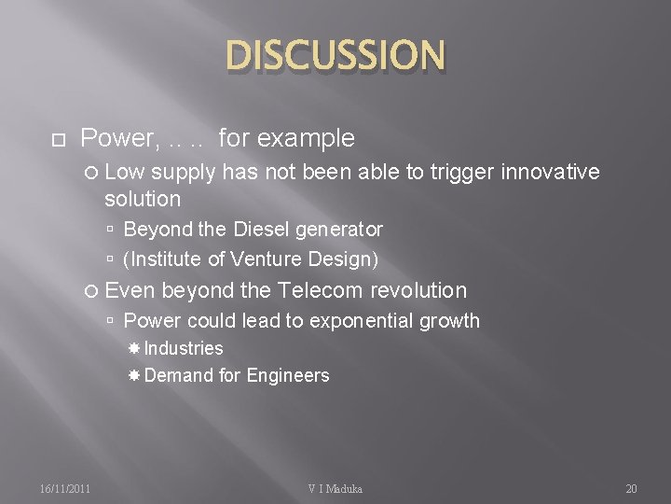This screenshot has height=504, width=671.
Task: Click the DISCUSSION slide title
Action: coord(335,55)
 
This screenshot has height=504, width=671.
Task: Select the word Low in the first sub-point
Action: coord(125,172)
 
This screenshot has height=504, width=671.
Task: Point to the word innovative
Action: coord(550,172)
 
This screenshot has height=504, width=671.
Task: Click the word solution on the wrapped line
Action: coord(143,199)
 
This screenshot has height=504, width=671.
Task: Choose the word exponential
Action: coord(365,321)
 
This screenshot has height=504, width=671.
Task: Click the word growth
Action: coord(453,321)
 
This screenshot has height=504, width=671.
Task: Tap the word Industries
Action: coord(184,348)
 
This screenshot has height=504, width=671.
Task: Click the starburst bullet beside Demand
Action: coord(134,375)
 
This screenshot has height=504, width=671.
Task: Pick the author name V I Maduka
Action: coord(335,488)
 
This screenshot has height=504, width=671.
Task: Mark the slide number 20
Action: coord(631,488)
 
